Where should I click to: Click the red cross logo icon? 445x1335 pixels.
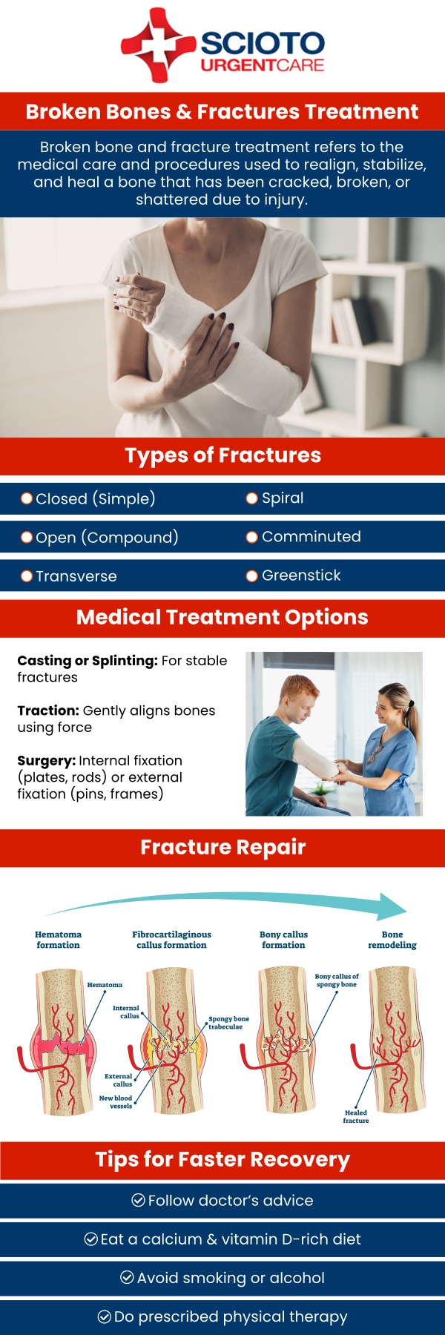(x=158, y=44)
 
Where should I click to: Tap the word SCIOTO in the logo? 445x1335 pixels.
(x=262, y=44)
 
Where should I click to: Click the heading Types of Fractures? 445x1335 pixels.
(x=222, y=455)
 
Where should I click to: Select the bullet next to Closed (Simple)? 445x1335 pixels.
(x=27, y=498)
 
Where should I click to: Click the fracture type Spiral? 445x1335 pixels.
(x=283, y=498)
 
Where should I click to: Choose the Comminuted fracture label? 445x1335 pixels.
(x=311, y=536)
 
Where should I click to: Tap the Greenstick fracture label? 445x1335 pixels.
(x=301, y=576)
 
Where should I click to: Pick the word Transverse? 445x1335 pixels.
(x=76, y=576)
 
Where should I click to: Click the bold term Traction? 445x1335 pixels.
(x=48, y=711)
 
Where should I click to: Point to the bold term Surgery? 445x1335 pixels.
(x=46, y=760)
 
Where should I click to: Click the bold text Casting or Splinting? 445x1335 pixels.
(x=88, y=660)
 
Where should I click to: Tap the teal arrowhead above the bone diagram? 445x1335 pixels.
(x=392, y=907)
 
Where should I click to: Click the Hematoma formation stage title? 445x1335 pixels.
(x=58, y=940)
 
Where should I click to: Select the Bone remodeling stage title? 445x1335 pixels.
(x=392, y=940)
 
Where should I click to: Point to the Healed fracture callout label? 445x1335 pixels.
(x=356, y=1116)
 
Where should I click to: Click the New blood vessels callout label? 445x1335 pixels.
(x=116, y=1102)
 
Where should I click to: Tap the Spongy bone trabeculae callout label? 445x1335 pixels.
(x=228, y=1023)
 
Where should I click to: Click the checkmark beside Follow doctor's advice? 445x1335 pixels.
(x=138, y=1200)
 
